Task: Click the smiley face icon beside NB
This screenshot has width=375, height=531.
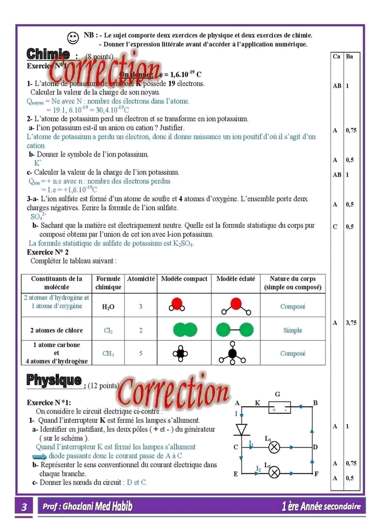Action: point(73,38)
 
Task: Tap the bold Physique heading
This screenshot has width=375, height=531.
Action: point(54,381)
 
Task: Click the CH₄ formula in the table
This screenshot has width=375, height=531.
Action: point(108,354)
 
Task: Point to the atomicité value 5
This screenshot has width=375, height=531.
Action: point(141,354)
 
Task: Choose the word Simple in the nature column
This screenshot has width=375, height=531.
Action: point(293,330)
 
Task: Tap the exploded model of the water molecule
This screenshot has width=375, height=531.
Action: point(235,307)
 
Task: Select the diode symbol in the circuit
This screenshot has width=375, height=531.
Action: point(241,429)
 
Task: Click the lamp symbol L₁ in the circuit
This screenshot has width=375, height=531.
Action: point(276,447)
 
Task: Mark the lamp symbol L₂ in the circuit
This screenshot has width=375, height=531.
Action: point(276,473)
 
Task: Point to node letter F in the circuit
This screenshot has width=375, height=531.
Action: point(316,474)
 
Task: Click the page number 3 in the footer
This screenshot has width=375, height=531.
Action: point(24,506)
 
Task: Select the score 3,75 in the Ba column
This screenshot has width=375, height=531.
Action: point(351,323)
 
